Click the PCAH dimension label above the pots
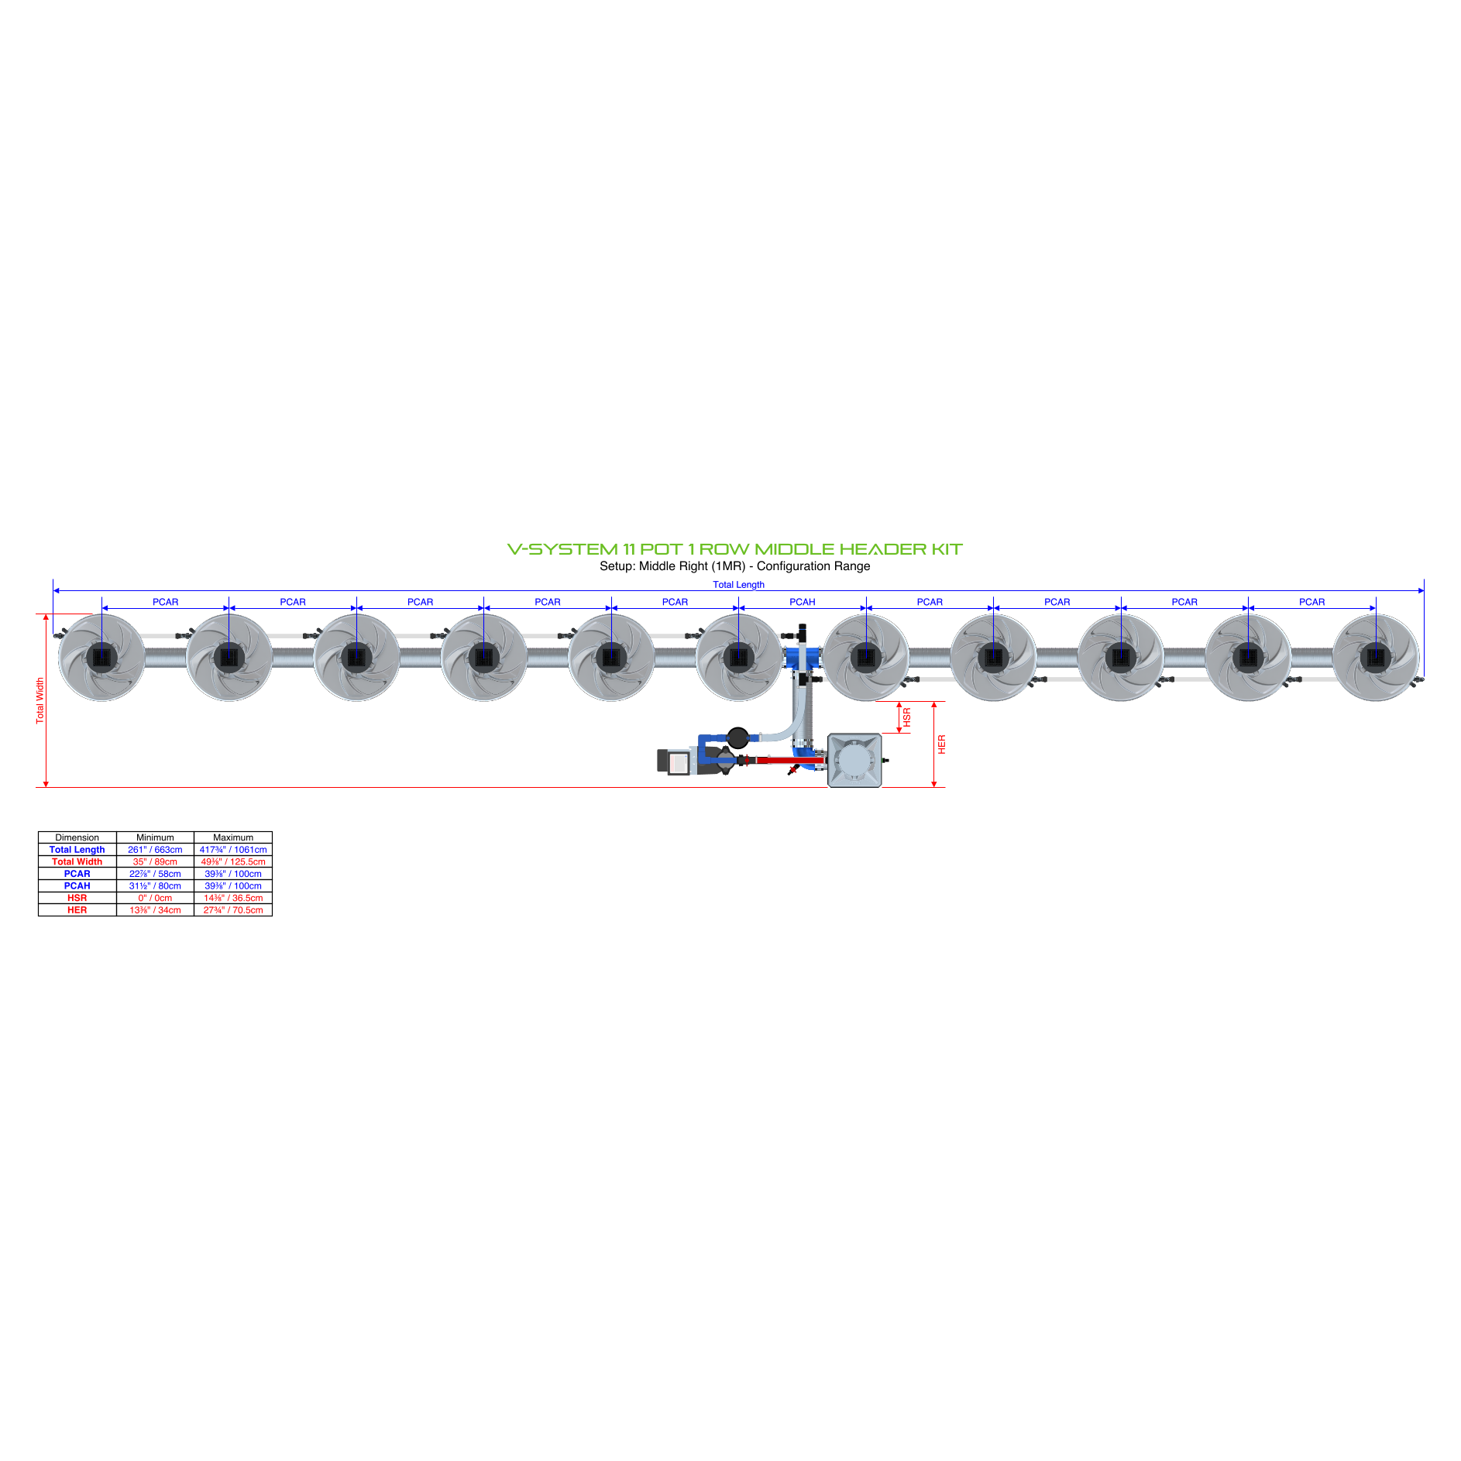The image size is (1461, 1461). (802, 602)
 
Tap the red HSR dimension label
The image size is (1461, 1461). (907, 717)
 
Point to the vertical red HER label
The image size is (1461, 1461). (942, 744)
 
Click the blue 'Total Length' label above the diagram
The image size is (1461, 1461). (738, 585)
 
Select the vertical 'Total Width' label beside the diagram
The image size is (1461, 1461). (40, 700)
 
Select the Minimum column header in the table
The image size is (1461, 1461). (155, 837)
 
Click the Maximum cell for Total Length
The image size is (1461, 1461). (233, 850)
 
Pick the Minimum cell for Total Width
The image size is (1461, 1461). (155, 861)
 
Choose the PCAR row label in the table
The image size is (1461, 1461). (77, 874)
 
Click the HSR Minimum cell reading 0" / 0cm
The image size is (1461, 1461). (155, 898)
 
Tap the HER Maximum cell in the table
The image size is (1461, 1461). (233, 910)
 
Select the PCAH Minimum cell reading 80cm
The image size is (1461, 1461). (155, 886)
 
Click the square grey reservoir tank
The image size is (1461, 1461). (854, 761)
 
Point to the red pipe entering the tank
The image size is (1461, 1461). (786, 761)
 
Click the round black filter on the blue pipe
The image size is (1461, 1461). (737, 737)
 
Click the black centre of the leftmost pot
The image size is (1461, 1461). (101, 658)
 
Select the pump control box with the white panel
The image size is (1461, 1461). (676, 761)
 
